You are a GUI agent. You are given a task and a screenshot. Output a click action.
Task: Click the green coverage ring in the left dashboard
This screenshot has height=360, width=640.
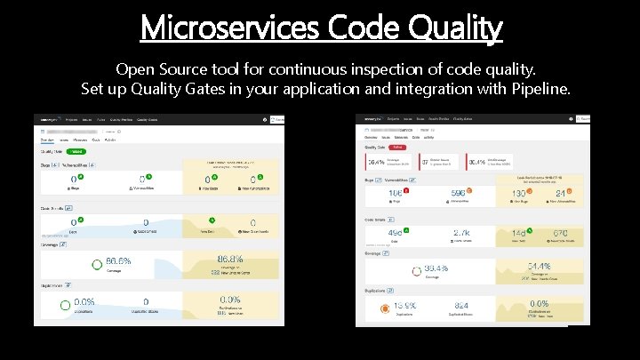(x=96, y=265)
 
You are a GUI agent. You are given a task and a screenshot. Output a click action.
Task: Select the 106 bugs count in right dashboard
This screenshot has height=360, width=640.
(x=396, y=194)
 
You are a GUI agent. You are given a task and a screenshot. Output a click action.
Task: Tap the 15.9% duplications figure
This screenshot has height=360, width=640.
(x=405, y=307)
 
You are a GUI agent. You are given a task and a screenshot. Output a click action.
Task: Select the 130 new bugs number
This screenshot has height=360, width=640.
(x=520, y=195)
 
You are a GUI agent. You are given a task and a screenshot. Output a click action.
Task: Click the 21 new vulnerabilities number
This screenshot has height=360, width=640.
(x=562, y=194)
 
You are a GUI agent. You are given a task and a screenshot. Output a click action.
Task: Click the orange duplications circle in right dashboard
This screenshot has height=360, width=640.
(x=384, y=308)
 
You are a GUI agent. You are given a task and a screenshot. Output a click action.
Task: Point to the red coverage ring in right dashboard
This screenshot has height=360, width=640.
(x=414, y=270)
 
